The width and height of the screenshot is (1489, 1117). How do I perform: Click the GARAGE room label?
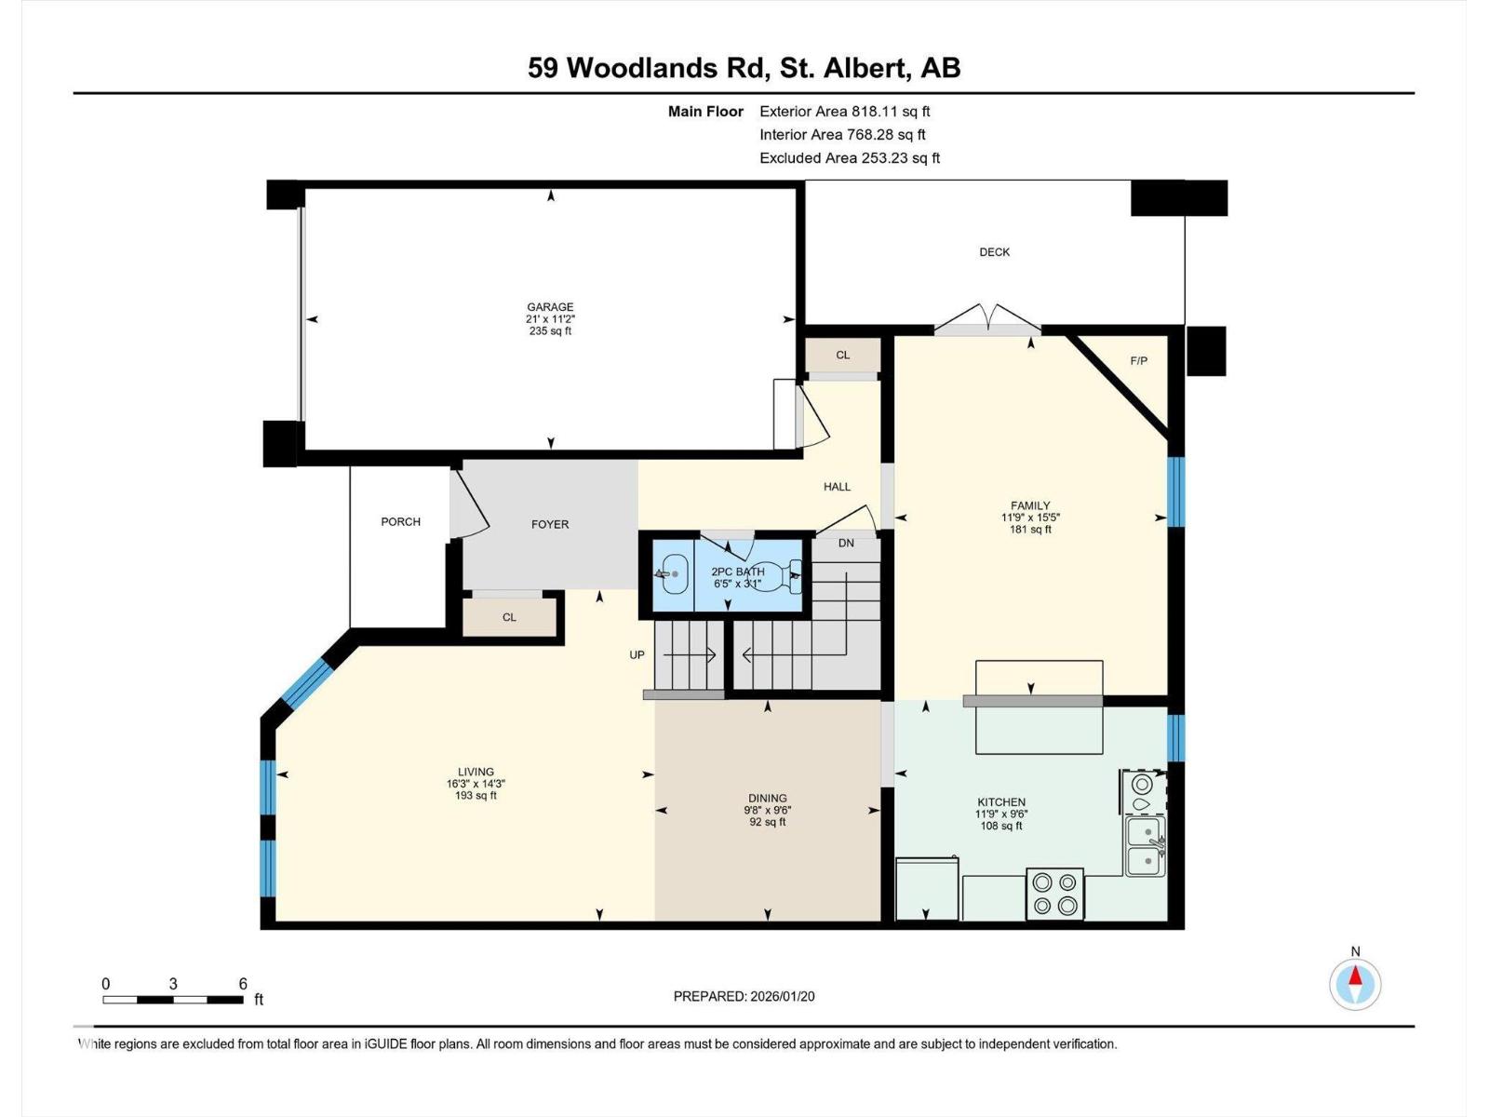550,307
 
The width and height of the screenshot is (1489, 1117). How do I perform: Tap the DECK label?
994,252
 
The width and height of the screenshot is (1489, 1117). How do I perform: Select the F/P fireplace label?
1138,361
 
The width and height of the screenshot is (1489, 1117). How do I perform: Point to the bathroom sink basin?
672,574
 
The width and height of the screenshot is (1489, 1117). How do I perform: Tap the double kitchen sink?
1145,846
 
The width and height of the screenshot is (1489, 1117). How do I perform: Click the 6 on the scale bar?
243,984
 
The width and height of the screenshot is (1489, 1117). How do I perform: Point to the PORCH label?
400,522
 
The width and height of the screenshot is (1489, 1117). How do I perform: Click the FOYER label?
550,525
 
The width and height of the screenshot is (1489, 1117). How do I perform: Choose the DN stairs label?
846,544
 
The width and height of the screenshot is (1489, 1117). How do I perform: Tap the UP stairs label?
637,655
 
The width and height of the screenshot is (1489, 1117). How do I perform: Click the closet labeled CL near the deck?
843,356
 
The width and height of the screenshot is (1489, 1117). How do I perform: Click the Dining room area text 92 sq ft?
768,822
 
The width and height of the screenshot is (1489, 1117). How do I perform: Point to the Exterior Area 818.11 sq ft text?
844,112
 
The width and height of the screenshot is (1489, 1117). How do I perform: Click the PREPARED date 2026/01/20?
744,996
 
